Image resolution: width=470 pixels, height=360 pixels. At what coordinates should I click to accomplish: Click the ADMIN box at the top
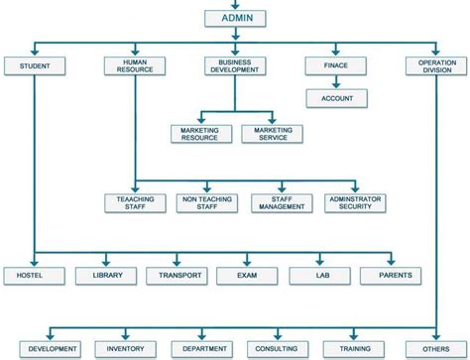pyautogui.click(x=235, y=18)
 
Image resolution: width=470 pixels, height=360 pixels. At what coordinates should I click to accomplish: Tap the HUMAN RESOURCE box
pyautogui.click(x=135, y=66)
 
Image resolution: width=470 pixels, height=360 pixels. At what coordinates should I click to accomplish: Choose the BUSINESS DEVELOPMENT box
pyautogui.click(x=235, y=66)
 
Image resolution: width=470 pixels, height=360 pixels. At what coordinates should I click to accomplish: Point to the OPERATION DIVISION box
pyautogui.click(x=435, y=66)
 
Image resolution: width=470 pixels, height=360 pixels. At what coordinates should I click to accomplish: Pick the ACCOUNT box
pyautogui.click(x=337, y=98)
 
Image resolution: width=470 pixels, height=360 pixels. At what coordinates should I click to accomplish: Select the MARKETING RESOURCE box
pyautogui.click(x=200, y=134)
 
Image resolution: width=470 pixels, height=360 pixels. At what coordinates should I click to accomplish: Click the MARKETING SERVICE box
pyautogui.click(x=272, y=134)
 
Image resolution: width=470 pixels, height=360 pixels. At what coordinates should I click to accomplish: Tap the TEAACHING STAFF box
pyautogui.click(x=135, y=203)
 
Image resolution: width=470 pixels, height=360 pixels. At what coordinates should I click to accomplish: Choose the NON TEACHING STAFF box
pyautogui.click(x=206, y=203)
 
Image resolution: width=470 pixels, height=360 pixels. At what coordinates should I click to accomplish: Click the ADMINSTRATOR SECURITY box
pyautogui.click(x=355, y=203)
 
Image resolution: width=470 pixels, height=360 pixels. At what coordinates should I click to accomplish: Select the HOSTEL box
pyautogui.click(x=34, y=275)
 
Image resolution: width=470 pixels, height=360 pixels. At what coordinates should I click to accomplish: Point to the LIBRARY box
pyautogui.click(x=105, y=275)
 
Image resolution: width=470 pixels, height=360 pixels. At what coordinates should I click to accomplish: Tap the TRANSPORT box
pyautogui.click(x=176, y=275)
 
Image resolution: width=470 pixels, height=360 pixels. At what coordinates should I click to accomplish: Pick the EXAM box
pyautogui.click(x=249, y=275)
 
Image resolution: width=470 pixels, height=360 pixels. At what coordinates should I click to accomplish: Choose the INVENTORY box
pyautogui.click(x=126, y=349)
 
